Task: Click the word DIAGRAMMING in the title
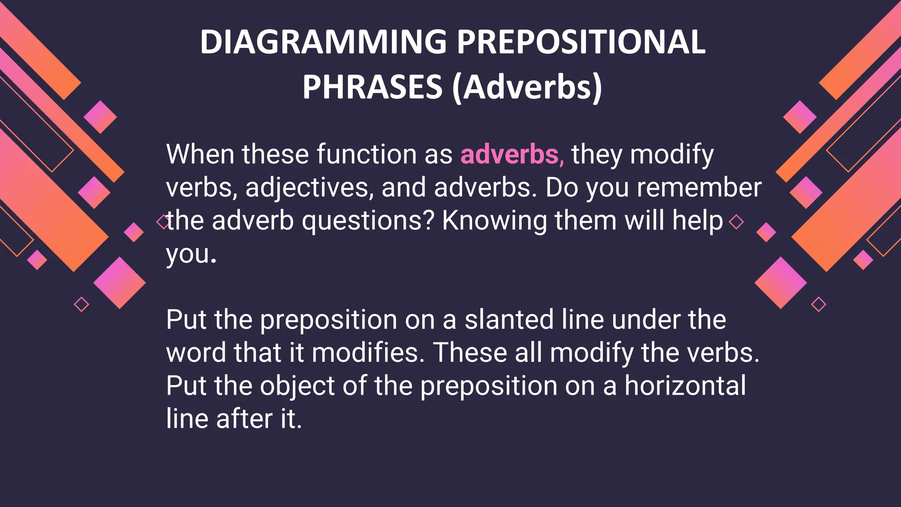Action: [x=323, y=42]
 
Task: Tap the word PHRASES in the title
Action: [x=372, y=87]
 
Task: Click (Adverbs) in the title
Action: [x=527, y=87]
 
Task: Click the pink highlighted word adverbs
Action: [x=510, y=155]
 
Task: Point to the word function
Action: [x=366, y=155]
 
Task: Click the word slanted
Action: [x=509, y=320]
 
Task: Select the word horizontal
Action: [x=685, y=386]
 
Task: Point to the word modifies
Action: [x=368, y=353]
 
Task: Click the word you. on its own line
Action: [x=191, y=254]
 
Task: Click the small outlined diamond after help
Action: [x=736, y=222]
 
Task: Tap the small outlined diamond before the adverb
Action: [x=162, y=222]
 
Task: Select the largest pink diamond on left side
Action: [x=119, y=283]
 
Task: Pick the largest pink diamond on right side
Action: [x=780, y=283]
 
